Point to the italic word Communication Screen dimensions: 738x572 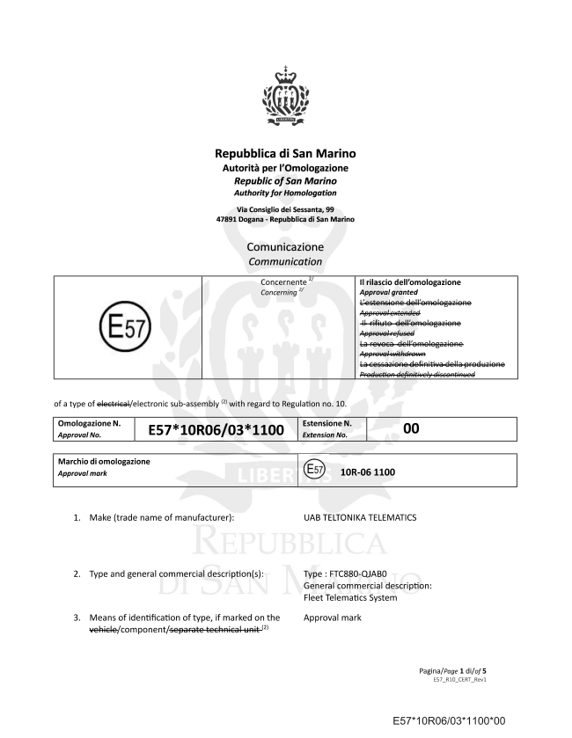[x=286, y=262]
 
